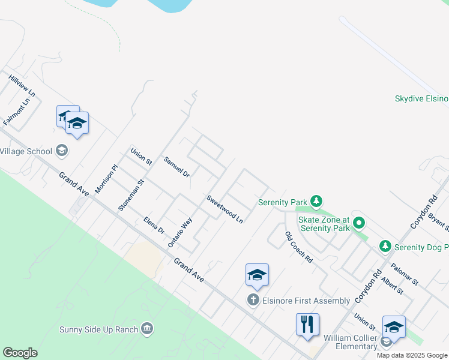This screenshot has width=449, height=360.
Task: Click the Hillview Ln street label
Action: (x=22, y=86)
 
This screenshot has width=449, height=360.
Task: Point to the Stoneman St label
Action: (x=131, y=196)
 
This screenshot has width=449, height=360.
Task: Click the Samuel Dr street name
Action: (x=176, y=167)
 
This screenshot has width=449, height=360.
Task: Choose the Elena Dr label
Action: (x=154, y=225)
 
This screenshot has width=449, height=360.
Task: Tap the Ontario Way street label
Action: (x=180, y=232)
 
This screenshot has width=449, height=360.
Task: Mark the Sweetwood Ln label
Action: (x=224, y=209)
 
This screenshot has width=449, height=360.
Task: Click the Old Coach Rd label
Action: (x=298, y=247)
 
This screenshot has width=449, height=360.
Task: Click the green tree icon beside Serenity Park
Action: (x=317, y=202)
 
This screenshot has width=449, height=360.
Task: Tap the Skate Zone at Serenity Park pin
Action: (x=359, y=224)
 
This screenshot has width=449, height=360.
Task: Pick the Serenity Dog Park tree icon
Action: (x=385, y=246)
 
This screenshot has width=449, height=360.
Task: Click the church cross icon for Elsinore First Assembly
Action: (x=253, y=300)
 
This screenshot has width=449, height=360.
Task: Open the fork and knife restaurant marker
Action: (x=307, y=324)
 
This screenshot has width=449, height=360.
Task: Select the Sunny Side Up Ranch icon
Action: (x=146, y=328)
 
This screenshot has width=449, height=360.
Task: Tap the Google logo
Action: (x=20, y=353)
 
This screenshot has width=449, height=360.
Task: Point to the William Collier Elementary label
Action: (x=349, y=342)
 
